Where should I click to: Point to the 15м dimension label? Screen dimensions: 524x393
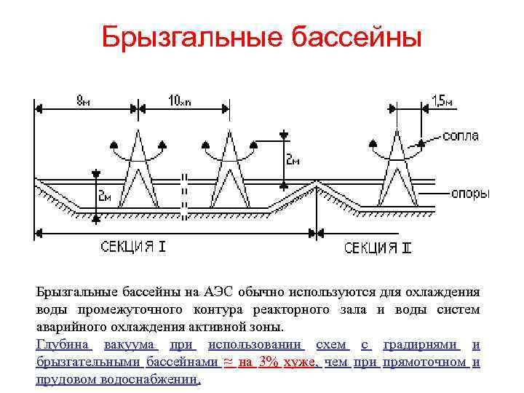(x=442, y=101)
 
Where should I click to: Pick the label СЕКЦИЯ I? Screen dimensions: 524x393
(x=133, y=247)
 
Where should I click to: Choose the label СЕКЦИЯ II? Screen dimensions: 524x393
(x=378, y=248)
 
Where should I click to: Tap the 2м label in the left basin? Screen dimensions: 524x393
(x=106, y=196)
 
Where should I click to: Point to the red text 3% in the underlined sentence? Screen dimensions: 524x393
(x=269, y=362)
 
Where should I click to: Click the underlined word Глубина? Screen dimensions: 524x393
(x=63, y=344)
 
